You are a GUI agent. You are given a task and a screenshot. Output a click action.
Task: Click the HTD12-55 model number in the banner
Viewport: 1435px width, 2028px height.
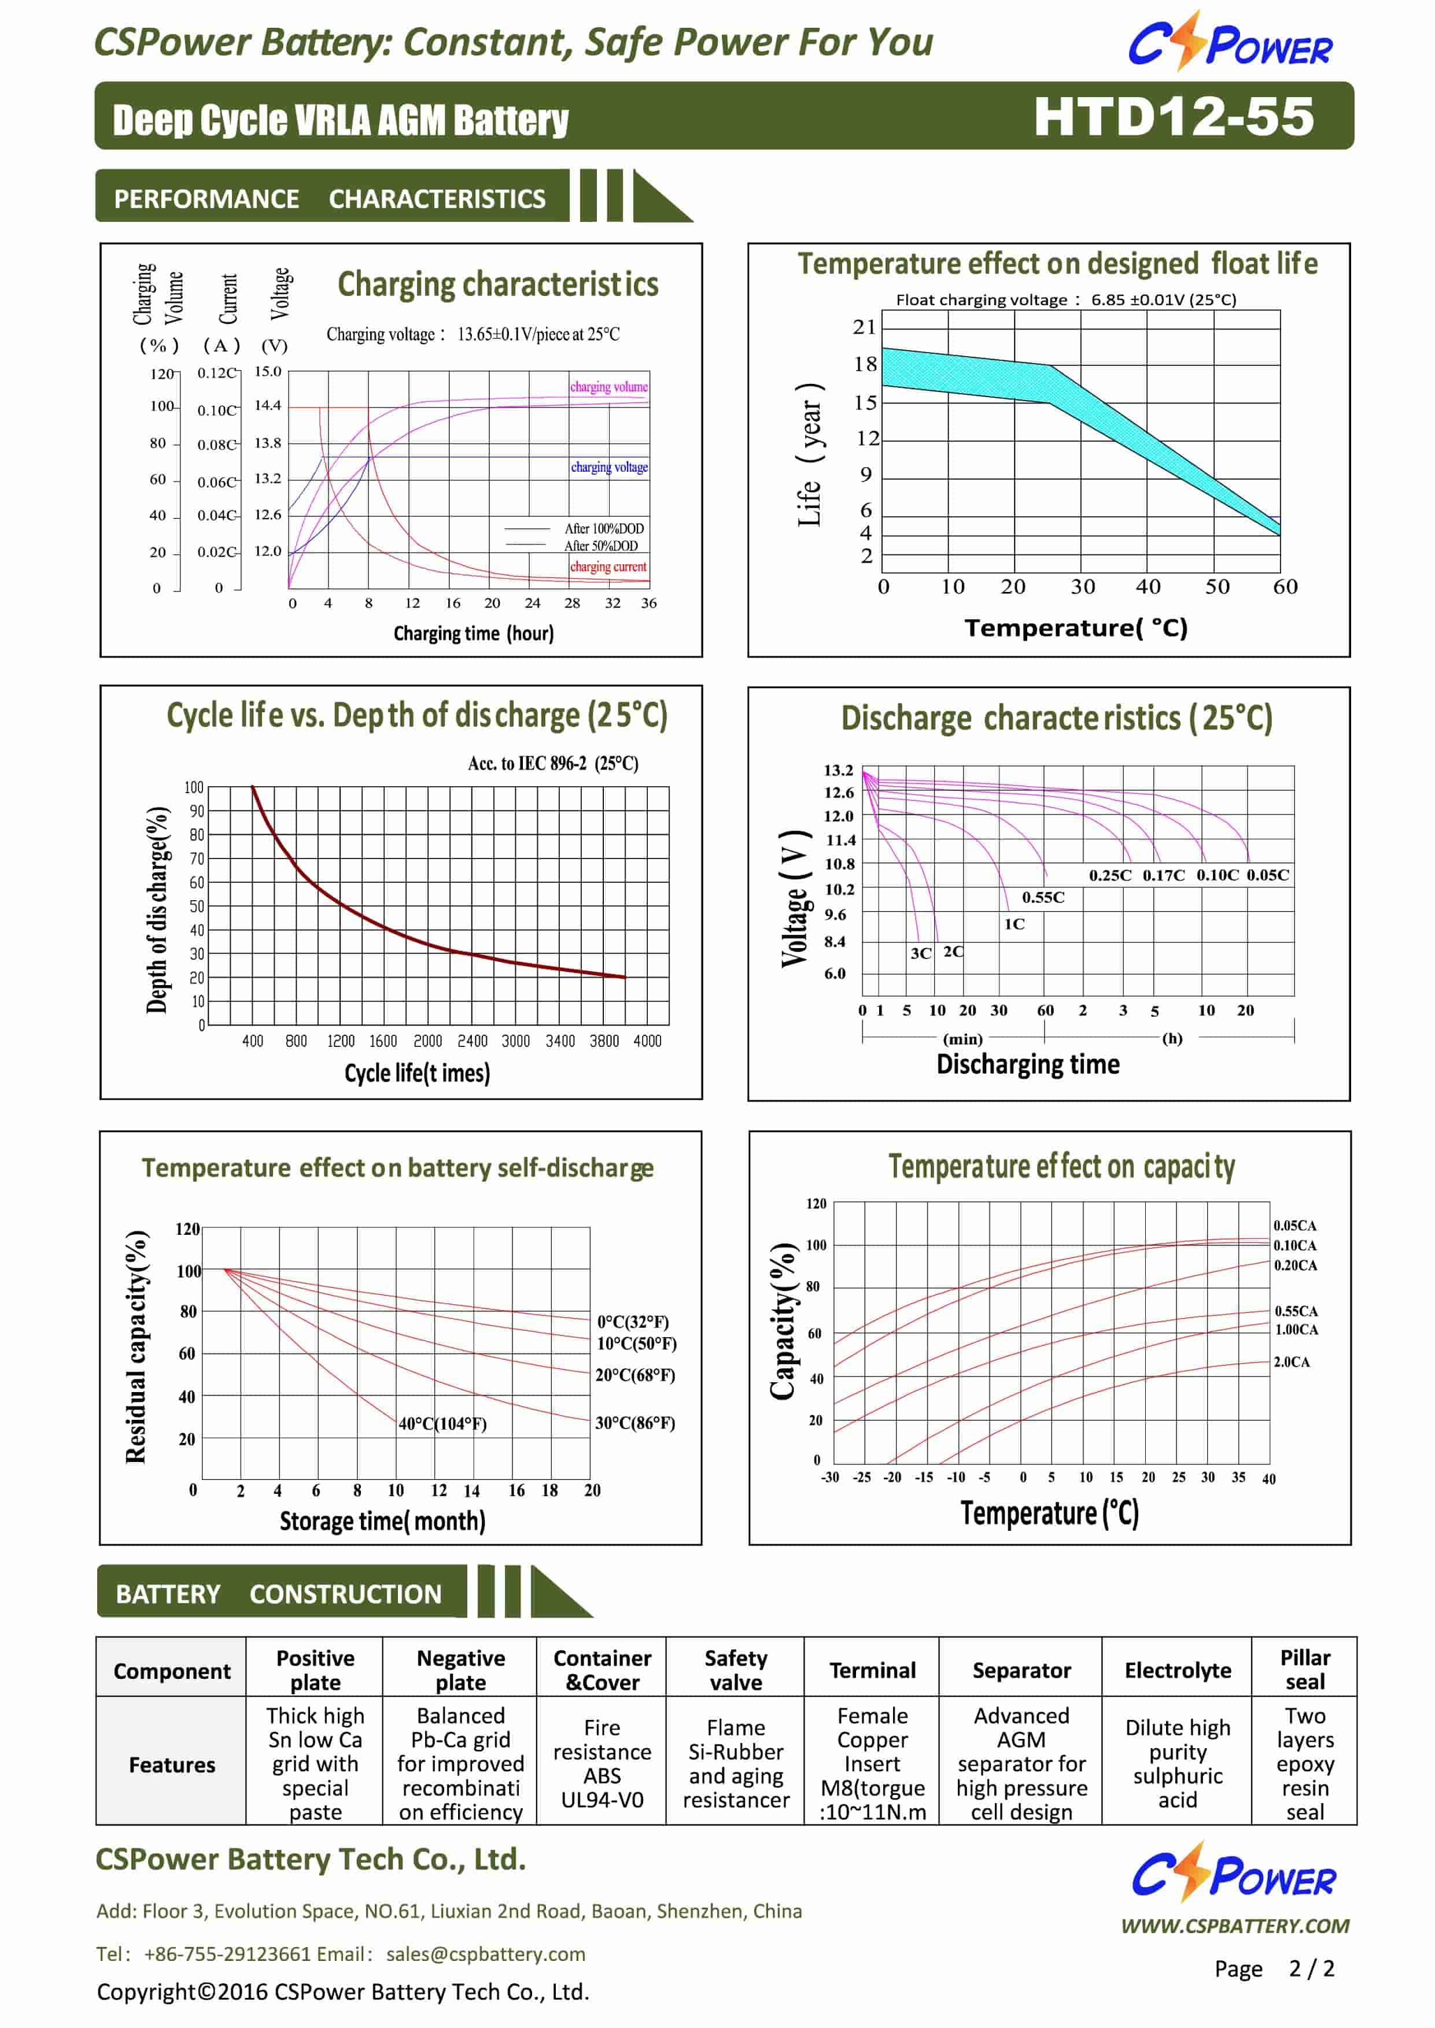[1174, 116]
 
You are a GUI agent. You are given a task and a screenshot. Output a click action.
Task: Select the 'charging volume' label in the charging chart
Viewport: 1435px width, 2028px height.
[609, 387]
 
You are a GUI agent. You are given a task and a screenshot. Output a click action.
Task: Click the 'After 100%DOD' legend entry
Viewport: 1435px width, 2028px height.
[604, 528]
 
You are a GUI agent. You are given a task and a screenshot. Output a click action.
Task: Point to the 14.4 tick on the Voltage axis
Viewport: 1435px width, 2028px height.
[268, 405]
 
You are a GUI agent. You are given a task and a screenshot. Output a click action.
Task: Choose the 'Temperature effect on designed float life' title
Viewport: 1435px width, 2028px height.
[1058, 263]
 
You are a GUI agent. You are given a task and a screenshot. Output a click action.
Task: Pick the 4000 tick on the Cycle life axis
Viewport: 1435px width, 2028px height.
[647, 1041]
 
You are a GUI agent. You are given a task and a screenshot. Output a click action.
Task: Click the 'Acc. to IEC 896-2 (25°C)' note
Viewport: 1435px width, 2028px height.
[553, 763]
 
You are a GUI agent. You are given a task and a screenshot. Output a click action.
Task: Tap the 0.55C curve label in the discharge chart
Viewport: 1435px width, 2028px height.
[1043, 897]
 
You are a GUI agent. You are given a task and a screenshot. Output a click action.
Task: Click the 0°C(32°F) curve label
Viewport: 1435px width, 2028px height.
[633, 1322]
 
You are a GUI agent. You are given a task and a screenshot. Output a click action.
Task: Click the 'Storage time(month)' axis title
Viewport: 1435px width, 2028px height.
[382, 1521]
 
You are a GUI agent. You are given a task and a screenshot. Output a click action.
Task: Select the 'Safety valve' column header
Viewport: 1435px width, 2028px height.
[736, 1670]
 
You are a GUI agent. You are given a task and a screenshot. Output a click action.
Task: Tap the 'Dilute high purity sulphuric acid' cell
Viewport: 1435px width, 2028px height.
[1178, 1763]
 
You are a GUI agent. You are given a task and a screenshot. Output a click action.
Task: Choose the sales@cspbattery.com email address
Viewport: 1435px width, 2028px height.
[485, 1954]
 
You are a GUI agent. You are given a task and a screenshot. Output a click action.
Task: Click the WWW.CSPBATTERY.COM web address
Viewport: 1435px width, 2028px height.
[1234, 1926]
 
